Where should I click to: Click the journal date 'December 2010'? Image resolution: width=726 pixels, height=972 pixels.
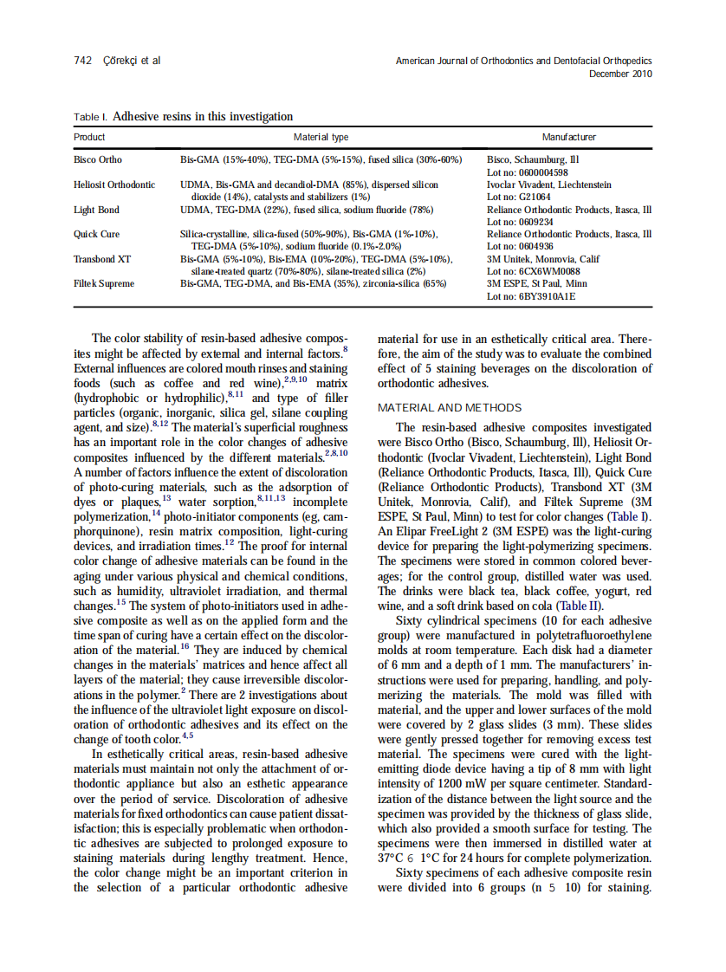620,74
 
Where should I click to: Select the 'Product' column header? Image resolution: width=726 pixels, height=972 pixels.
89,137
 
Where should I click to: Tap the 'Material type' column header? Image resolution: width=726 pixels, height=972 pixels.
321,137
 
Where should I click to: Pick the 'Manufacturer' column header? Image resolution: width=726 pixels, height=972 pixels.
568,137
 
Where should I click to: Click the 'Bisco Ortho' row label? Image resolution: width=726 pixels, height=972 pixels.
98,159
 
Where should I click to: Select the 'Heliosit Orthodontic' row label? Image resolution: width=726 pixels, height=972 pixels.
114,185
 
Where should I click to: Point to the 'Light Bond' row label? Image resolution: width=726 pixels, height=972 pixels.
96,210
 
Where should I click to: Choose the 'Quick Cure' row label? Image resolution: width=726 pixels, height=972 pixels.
96,234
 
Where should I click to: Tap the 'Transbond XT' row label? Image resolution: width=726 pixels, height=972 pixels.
102,259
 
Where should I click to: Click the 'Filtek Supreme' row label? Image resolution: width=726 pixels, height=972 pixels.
104,283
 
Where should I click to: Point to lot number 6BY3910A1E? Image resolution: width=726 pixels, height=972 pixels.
542,296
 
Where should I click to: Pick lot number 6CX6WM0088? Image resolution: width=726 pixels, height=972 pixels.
543,271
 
